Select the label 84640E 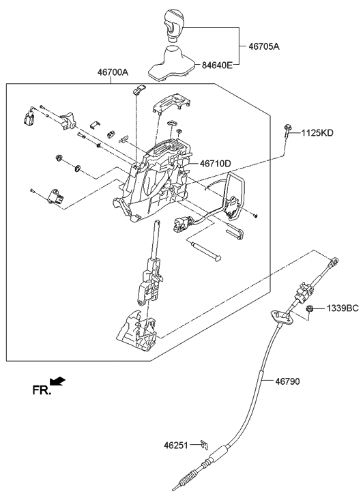pos(216,65)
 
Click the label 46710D pos(216,164)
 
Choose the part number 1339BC pos(342,308)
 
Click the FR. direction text pos(42,390)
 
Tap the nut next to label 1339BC pos(309,310)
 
